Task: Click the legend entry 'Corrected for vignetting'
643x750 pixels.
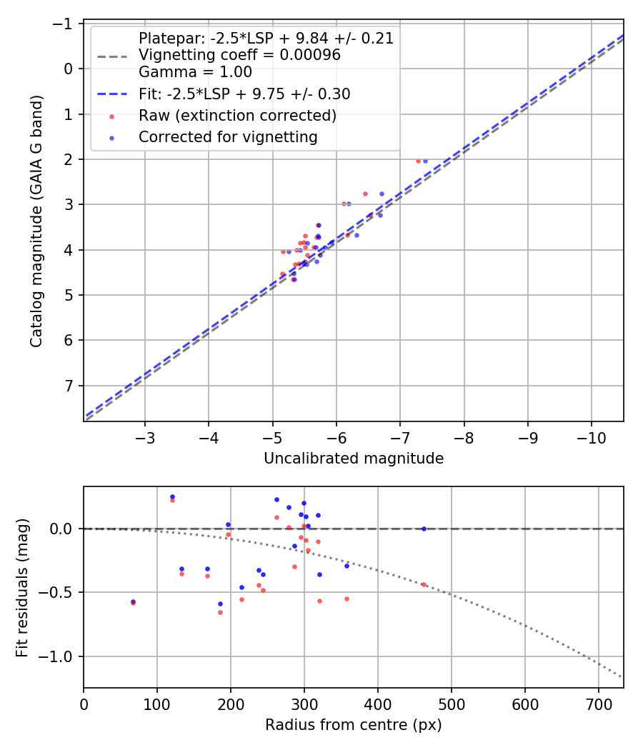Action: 228,136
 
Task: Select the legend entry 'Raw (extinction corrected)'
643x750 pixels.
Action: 237,116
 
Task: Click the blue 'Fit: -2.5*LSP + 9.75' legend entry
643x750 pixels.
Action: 244,94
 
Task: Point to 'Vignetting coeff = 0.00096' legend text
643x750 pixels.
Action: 239,55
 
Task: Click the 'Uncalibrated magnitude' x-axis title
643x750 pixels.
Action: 354,459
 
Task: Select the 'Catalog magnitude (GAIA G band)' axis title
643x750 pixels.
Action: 37,221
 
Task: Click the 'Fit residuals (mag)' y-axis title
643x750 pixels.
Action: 22,587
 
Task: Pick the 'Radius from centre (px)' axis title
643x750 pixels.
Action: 354,726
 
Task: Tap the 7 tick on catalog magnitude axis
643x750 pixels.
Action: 69,386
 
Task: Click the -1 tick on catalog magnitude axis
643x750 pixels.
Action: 66,24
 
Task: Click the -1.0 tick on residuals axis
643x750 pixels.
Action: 60,656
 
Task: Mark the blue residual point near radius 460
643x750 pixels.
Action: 424,529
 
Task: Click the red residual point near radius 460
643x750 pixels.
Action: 424,584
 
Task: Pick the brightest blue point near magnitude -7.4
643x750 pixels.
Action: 425,161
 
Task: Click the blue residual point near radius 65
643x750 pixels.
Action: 133,601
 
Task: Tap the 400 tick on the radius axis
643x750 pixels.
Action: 378,704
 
